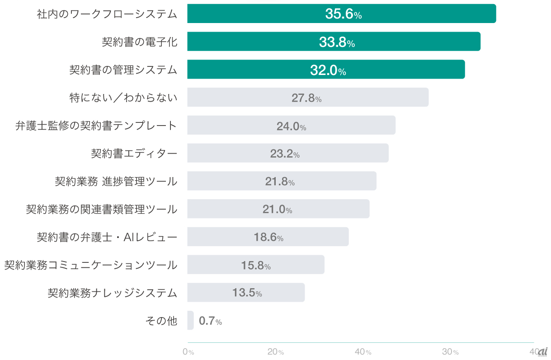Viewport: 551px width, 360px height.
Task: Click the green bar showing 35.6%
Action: click(x=341, y=14)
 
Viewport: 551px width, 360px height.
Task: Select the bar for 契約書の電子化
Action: click(x=334, y=42)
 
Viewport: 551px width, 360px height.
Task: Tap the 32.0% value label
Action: click(x=328, y=70)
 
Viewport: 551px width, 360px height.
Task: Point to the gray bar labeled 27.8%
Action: click(x=307, y=97)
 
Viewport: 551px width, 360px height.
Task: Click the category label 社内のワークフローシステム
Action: click(x=107, y=14)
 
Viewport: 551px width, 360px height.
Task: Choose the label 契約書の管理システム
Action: click(x=123, y=70)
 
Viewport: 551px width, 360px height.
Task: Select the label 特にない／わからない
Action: click(x=123, y=98)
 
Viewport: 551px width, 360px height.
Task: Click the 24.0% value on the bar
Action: click(x=291, y=126)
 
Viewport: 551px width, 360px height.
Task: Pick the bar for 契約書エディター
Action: click(x=287, y=153)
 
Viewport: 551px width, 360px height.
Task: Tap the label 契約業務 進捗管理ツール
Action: click(x=116, y=182)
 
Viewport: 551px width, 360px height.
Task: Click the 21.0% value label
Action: click(x=277, y=210)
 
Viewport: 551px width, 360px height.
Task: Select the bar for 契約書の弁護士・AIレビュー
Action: click(x=268, y=237)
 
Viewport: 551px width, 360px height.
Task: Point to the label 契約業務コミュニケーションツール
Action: click(x=91, y=265)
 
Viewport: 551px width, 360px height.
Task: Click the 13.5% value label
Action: click(x=247, y=293)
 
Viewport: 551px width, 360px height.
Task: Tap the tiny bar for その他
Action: click(x=190, y=320)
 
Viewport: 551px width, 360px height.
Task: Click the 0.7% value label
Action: click(x=210, y=321)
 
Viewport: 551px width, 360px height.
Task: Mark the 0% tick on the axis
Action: click(x=188, y=352)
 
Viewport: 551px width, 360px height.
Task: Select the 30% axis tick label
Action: click(x=450, y=352)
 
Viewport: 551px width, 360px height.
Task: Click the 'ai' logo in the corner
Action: click(x=542, y=351)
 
